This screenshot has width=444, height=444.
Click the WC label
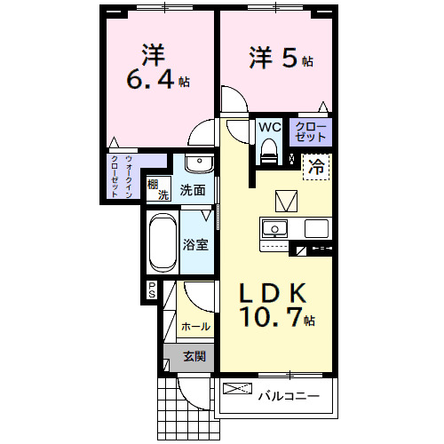point(269,126)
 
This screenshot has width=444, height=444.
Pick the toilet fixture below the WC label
point(269,154)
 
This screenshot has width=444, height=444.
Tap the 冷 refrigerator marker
point(316,164)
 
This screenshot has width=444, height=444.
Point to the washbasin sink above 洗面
point(197,165)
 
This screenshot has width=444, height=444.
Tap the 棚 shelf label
point(154,184)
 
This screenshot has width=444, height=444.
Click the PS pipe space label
point(152,289)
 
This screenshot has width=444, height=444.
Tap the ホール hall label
point(195,327)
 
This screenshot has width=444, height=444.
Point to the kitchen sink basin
point(275,228)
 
